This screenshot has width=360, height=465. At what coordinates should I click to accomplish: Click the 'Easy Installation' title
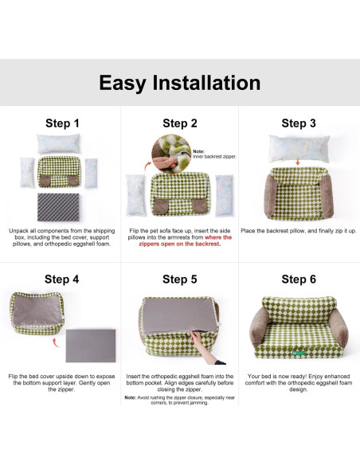(179, 83)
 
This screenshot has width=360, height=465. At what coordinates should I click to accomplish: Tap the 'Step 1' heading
(61, 123)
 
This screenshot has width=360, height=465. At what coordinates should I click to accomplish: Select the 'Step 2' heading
(180, 123)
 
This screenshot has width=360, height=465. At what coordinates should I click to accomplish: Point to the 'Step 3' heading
(299, 123)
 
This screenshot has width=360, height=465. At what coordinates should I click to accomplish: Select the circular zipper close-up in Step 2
(170, 153)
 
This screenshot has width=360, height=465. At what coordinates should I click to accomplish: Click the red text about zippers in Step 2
(200, 240)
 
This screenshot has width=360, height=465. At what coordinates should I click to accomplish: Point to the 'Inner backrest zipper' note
(209, 154)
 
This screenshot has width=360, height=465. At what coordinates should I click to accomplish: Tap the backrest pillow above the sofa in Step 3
(298, 148)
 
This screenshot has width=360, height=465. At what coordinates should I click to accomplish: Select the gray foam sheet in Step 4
(90, 346)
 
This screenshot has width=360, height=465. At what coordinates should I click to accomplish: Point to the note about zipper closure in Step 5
(180, 400)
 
